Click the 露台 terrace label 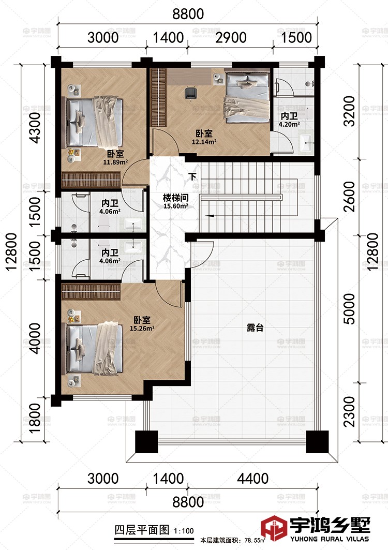click(x=255, y=328)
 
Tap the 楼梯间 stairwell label click(x=175, y=198)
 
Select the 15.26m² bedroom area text click(x=142, y=329)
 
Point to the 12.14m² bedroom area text click(x=204, y=142)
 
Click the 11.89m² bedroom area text click(x=115, y=162)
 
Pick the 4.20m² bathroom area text click(x=289, y=124)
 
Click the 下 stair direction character click(x=192, y=176)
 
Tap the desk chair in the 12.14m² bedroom click(x=190, y=93)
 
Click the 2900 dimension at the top click(x=231, y=38)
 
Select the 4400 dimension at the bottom click(x=252, y=479)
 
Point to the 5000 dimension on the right click(x=349, y=309)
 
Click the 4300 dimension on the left click(x=35, y=128)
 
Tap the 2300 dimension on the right click(x=349, y=411)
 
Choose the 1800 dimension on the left click(x=35, y=418)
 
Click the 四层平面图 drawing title click(x=142, y=529)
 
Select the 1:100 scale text click(x=184, y=531)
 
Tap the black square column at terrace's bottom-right click(x=317, y=441)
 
